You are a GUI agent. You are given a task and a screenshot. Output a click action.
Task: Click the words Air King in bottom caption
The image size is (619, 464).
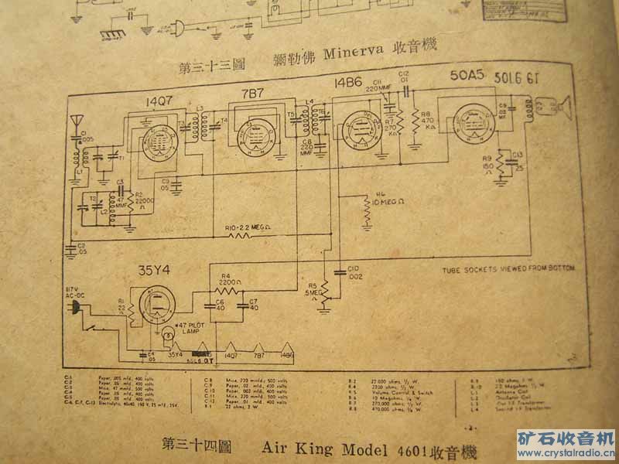(291, 446)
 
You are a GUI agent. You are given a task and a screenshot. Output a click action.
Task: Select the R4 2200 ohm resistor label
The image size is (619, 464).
(227, 279)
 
